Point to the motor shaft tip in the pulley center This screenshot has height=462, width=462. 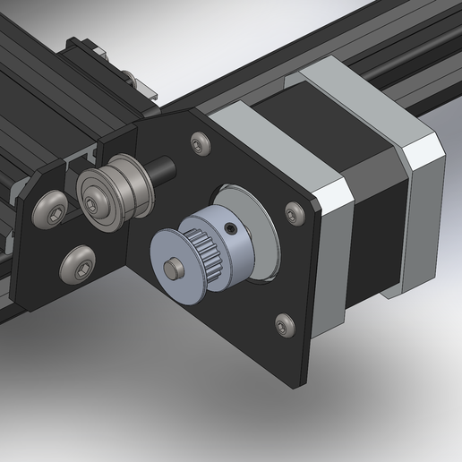(x=173, y=265)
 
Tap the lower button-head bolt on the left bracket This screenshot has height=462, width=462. (x=76, y=265)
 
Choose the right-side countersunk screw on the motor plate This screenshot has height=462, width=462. (x=293, y=212)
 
